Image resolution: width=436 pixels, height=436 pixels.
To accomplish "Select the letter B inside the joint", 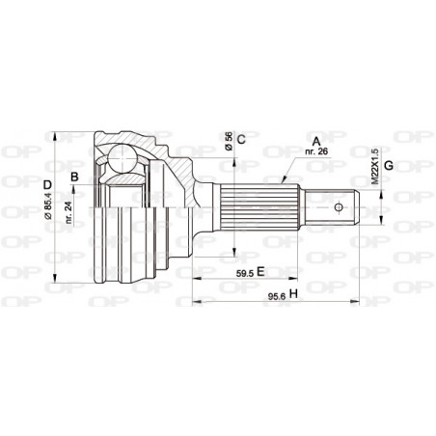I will tap(74, 177).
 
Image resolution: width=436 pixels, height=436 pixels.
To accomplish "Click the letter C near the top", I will tap(241, 139).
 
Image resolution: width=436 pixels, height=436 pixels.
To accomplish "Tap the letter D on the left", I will tap(46, 184).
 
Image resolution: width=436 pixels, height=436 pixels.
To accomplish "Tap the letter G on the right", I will tap(388, 165).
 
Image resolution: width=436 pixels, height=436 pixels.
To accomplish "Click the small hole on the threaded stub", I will tap(339, 207).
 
